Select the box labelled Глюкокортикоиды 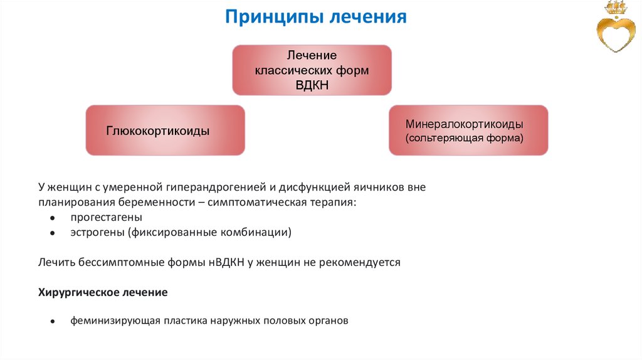[x=165, y=130]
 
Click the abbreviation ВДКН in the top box [x=312, y=84]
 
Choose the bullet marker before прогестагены [x=53, y=218]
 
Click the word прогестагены [x=106, y=217]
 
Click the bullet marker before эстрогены [x=53, y=233]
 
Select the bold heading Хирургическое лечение [x=103, y=292]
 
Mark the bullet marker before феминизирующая [x=53, y=320]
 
